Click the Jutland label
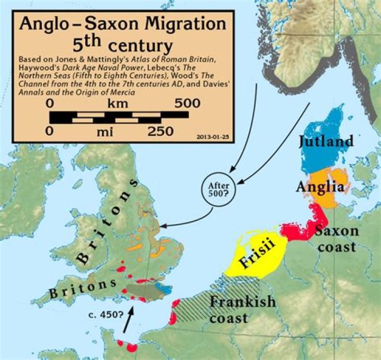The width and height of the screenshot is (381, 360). (x=325, y=141)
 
